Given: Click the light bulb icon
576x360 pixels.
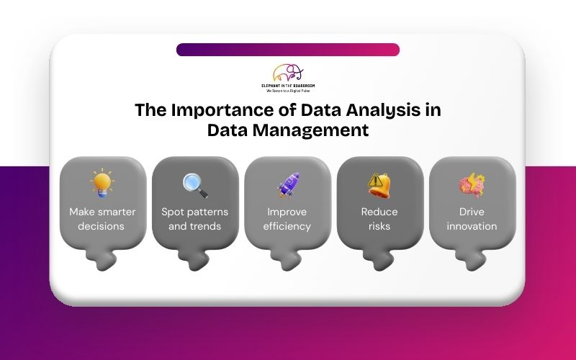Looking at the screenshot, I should tap(102, 184).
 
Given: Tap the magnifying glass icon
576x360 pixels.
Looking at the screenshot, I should tap(194, 185).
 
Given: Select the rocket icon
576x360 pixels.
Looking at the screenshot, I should tap(288, 185).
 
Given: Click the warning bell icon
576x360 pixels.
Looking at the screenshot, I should tap(379, 185).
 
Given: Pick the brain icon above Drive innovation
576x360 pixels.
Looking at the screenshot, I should tap(472, 185).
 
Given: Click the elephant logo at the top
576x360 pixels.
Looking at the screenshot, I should tap(288, 73).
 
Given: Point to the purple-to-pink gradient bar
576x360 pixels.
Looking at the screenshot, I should tap(288, 50).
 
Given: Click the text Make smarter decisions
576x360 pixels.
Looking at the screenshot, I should tap(102, 219).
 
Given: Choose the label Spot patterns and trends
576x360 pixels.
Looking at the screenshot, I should tap(194, 219).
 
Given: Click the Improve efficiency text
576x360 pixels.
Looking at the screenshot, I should tap(288, 219).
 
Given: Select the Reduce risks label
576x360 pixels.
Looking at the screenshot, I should tap(379, 219).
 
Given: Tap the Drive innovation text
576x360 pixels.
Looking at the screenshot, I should tap(472, 219).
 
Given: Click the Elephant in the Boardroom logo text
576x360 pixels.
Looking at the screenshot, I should tap(288, 86).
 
